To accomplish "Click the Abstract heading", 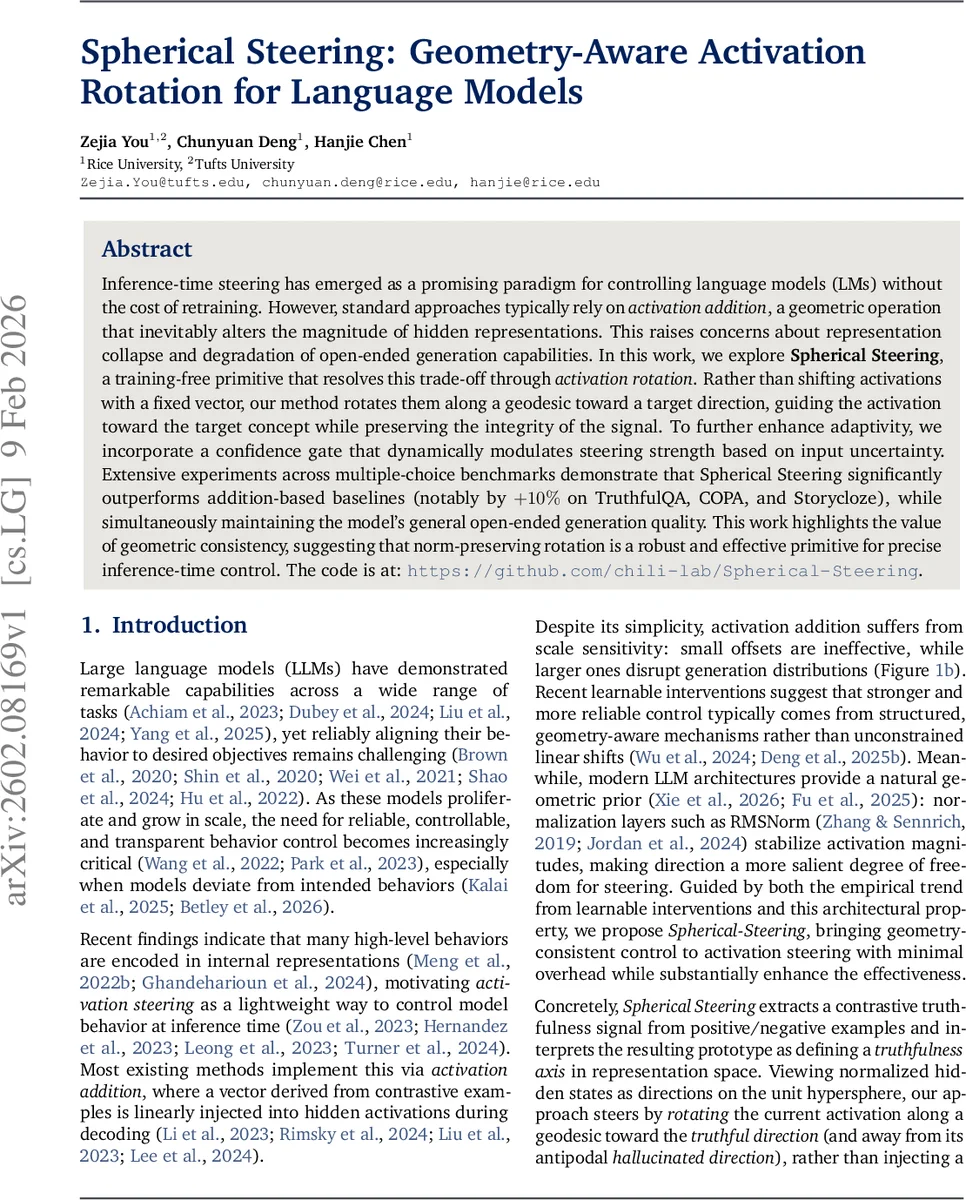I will point(147,249).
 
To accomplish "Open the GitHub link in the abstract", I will point(662,570).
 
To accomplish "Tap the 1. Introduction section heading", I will point(163,625).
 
